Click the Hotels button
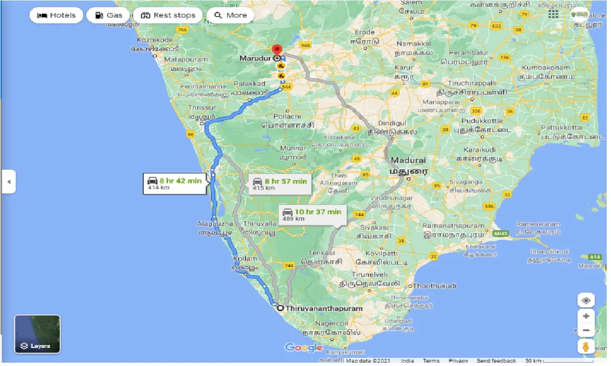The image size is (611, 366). click(x=56, y=15)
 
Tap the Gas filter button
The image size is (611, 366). click(x=108, y=15)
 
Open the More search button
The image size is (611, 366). click(x=231, y=15)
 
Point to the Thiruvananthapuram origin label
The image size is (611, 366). click(x=324, y=308)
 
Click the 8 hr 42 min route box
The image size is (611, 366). click(x=175, y=183)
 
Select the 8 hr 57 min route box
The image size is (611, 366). click(x=280, y=184)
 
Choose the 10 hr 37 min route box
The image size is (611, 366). click(x=312, y=214)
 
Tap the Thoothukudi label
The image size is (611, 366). click(x=434, y=285)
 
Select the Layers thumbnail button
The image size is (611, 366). click(x=37, y=334)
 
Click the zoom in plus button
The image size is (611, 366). click(x=586, y=316)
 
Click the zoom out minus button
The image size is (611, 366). click(x=586, y=330)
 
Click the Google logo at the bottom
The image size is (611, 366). click(x=304, y=347)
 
